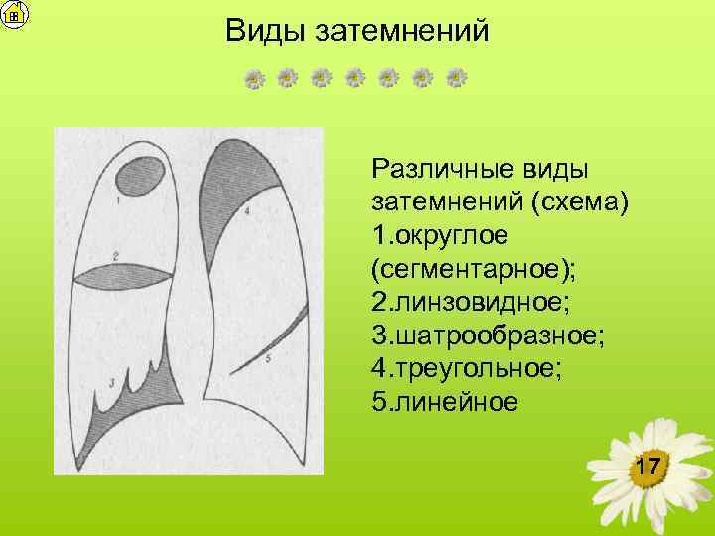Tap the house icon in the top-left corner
pyautogui.click(x=14, y=14)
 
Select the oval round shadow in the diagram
pyautogui.click(x=141, y=179)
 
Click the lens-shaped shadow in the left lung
pyautogui.click(x=132, y=275)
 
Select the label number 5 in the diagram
pyautogui.click(x=269, y=361)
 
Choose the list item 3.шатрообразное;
pyautogui.click(x=487, y=335)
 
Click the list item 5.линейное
pyautogui.click(x=444, y=402)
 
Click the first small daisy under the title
pyautogui.click(x=255, y=78)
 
